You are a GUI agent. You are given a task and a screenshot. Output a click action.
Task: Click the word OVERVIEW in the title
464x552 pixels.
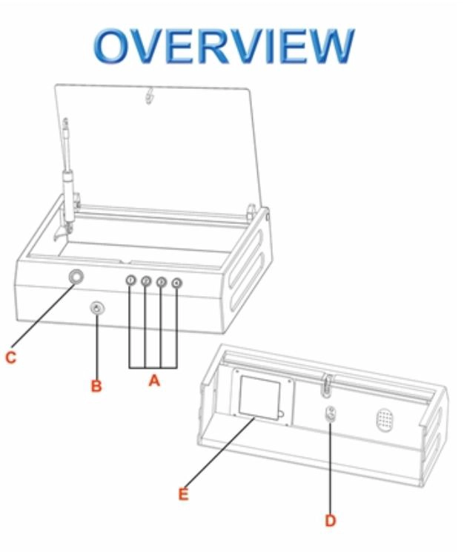pos(224,46)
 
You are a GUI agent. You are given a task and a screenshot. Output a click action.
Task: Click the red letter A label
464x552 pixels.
pos(154,381)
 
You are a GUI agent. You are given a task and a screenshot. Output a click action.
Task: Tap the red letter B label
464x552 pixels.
pos(96,386)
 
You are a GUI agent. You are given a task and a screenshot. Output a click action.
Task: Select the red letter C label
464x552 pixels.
pos(11,358)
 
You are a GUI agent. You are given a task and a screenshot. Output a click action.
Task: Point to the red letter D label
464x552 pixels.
pos(331,521)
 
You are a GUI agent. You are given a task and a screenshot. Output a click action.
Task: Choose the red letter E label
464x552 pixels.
pos(183,494)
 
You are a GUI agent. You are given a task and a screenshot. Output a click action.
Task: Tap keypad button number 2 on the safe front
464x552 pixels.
pos(146,281)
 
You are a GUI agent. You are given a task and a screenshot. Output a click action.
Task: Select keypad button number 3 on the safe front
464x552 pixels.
pos(162,282)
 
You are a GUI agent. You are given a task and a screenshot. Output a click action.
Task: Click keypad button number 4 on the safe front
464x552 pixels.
pos(176,283)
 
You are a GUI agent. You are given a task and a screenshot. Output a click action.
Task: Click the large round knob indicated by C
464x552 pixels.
pos(76,277)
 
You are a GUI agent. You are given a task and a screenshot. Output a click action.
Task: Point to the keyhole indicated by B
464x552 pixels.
pos(97,309)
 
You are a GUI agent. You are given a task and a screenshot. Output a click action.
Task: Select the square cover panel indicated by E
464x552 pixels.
pos(260,398)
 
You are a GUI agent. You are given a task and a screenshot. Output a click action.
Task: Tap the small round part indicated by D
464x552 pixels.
pos(331,413)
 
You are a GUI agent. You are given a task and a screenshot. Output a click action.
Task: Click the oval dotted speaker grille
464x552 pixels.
pos(385,420)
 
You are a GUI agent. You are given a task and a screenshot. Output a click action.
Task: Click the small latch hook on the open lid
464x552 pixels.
pos(150,96)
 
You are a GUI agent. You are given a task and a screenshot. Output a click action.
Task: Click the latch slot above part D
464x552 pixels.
pos(328,386)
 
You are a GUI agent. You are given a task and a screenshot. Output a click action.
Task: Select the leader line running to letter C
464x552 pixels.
pos(42,315)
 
